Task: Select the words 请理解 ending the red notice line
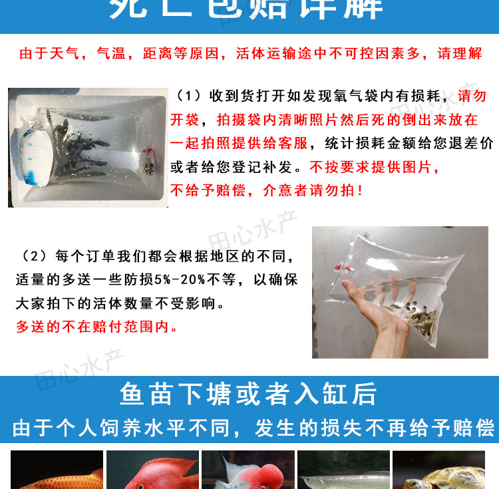[460, 54]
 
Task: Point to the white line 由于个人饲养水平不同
[123, 428]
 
